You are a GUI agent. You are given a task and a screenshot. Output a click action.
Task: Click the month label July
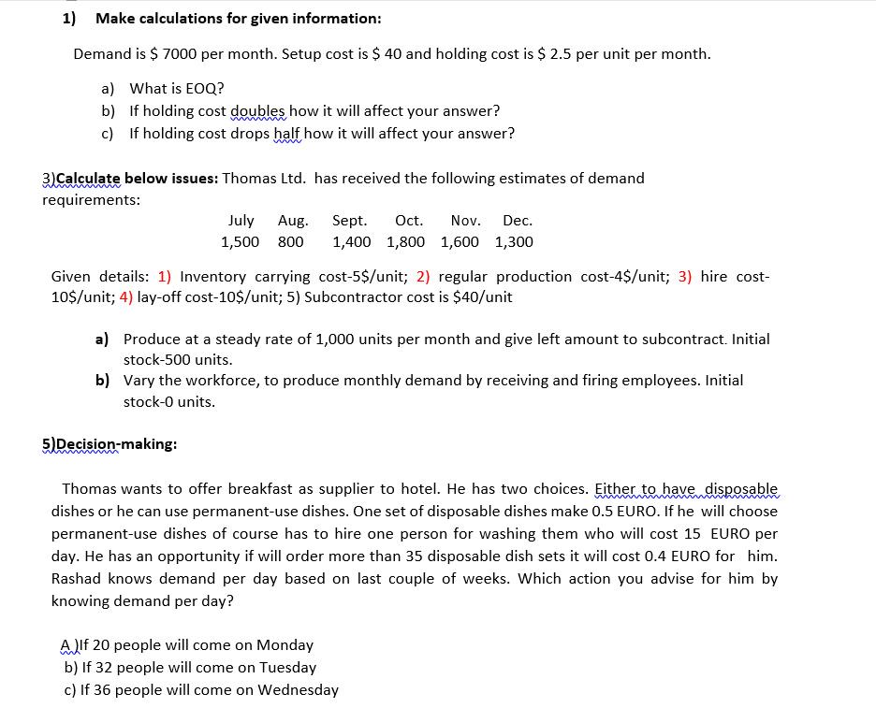(241, 221)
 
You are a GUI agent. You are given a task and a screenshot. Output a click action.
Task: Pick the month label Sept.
(349, 221)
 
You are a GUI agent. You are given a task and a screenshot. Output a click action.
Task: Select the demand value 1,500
(240, 242)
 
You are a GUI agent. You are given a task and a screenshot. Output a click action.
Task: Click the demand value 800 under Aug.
(291, 242)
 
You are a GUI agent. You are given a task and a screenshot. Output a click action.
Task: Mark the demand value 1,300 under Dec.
(514, 242)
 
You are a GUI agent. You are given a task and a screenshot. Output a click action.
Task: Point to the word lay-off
(163, 297)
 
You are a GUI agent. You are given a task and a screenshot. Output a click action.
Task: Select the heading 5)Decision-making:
(109, 444)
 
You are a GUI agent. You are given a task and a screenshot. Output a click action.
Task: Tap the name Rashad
(78, 578)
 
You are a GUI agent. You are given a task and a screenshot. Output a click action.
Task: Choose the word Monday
(285, 645)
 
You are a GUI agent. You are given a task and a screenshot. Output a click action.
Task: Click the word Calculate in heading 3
(88, 178)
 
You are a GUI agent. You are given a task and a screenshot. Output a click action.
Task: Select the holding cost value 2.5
(560, 53)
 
